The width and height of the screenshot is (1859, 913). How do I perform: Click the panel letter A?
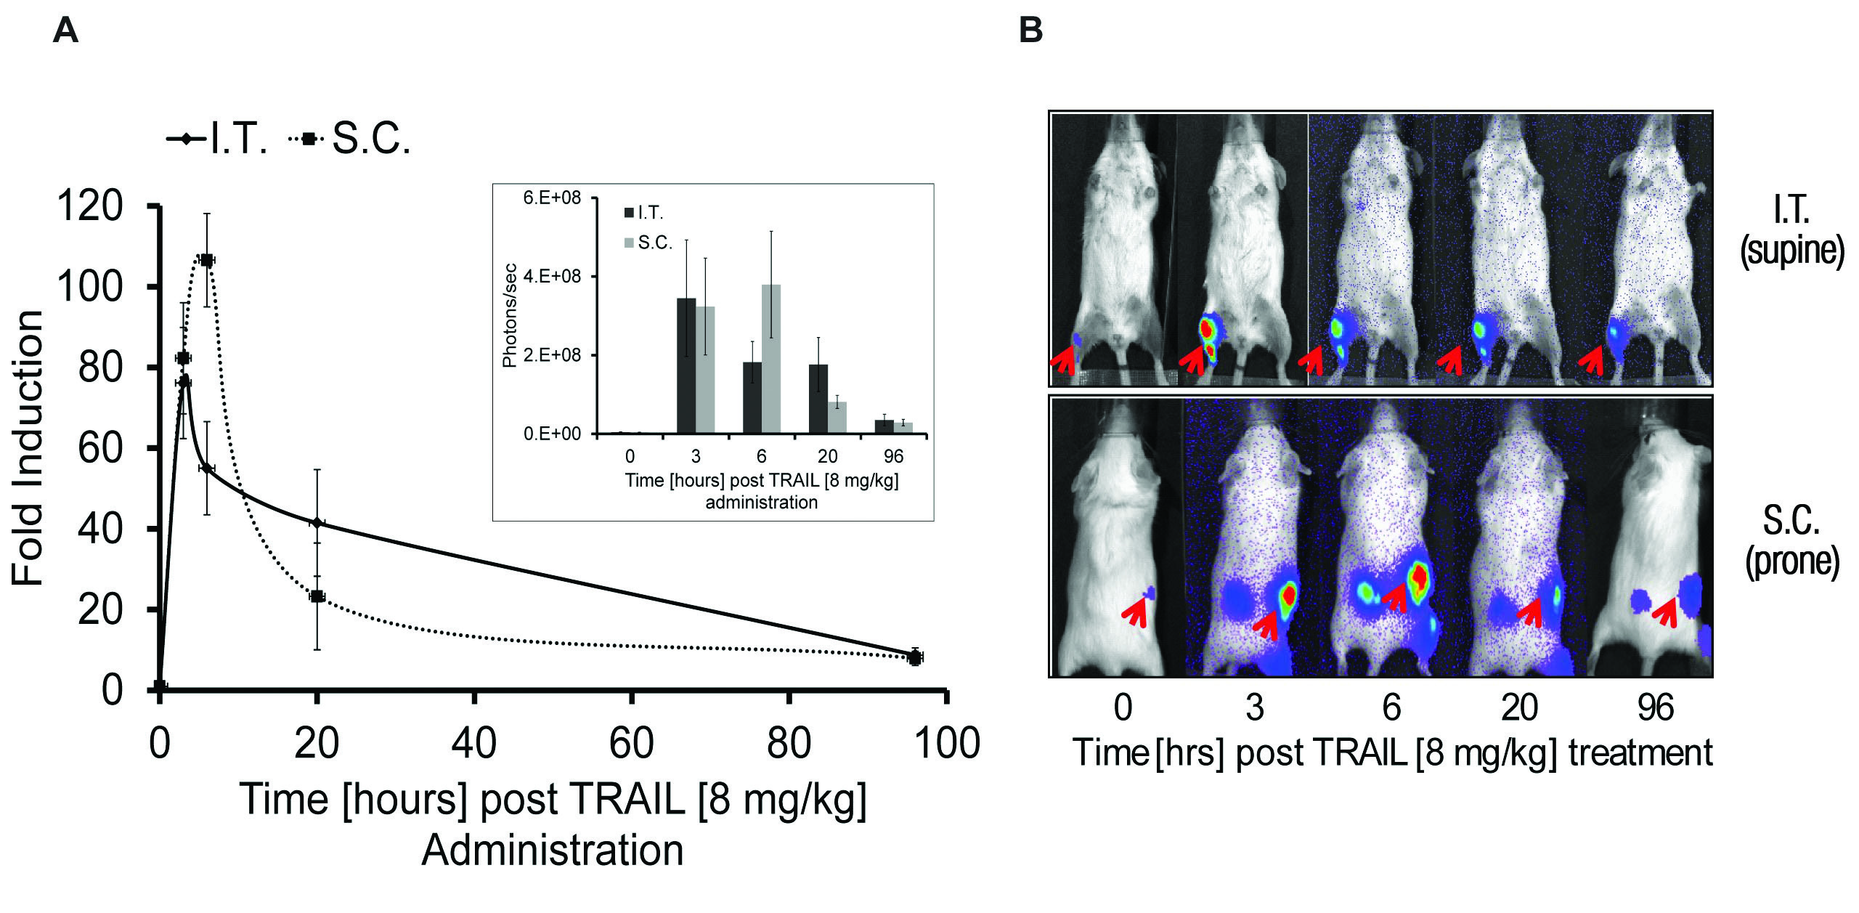(65, 31)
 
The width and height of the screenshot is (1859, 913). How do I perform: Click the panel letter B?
(1031, 31)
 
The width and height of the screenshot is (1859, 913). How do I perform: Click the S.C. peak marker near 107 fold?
(207, 259)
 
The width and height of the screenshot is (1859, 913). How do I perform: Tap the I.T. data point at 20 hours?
(317, 522)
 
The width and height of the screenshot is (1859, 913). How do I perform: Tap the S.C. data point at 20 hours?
(317, 596)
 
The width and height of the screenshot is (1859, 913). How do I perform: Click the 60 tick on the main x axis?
(632, 744)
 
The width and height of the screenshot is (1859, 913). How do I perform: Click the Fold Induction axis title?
(29, 448)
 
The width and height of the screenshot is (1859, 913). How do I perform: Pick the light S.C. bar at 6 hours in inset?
(771, 359)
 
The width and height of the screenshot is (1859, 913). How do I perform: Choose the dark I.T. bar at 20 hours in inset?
(818, 399)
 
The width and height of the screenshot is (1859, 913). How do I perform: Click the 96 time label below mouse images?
(1656, 707)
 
